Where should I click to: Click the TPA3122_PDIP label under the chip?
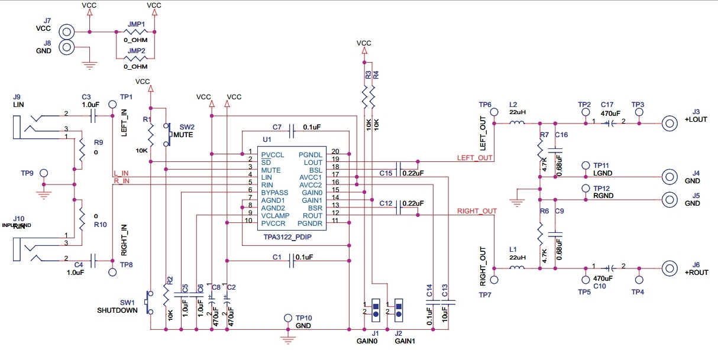click(287, 237)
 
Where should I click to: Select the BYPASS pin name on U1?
click(274, 193)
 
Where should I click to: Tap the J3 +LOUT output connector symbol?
click(670, 124)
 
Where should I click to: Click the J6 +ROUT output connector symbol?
click(670, 268)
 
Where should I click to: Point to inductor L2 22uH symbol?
click(518, 124)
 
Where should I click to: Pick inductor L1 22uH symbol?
click(518, 268)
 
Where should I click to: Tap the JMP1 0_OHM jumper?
click(135, 32)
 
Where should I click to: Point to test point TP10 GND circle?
click(289, 318)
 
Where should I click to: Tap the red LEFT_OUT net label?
click(474, 158)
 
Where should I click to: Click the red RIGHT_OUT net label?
click(477, 210)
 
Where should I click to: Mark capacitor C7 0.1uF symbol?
click(291, 127)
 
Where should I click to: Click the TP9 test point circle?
click(43, 174)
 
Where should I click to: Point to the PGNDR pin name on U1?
click(310, 223)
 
